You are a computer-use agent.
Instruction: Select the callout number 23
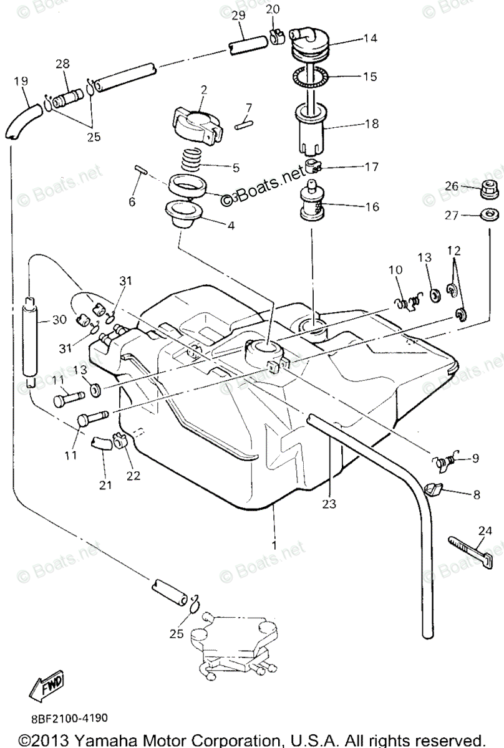[329, 503]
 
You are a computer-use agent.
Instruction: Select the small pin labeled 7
[244, 124]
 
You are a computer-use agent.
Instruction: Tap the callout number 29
[239, 14]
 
